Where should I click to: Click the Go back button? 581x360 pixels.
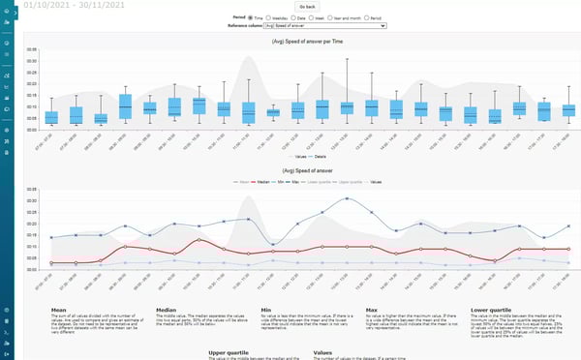(x=307, y=7)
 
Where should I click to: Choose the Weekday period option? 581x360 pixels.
(x=273, y=17)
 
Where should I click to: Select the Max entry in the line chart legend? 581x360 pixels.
(x=300, y=179)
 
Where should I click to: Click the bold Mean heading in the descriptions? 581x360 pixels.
(x=59, y=311)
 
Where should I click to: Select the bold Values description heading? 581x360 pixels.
(x=323, y=351)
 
